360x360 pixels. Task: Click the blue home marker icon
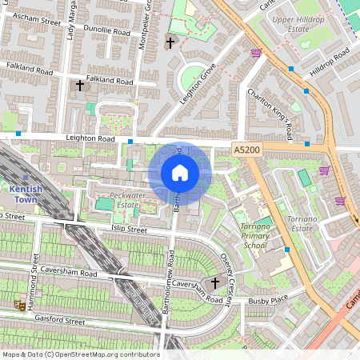[180, 173]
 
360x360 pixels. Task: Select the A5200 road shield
[246, 149]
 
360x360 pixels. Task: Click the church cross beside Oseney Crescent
[214, 282]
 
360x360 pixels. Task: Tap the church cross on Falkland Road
[79, 84]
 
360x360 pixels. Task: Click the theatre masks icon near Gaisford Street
[18, 304]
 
